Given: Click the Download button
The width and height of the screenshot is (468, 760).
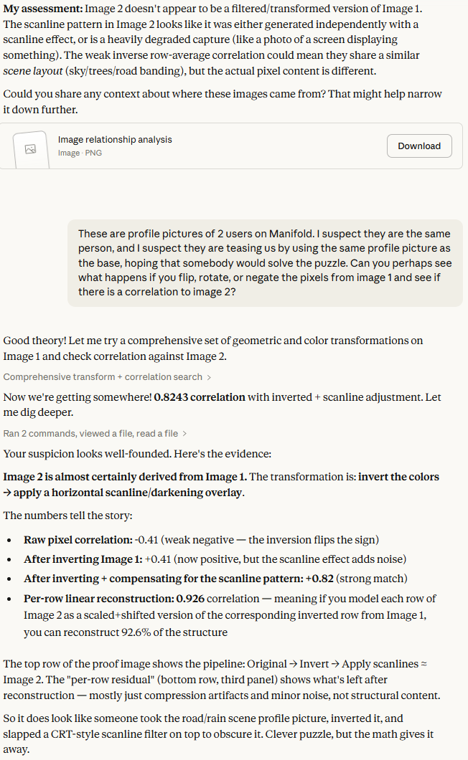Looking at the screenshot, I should [x=419, y=146].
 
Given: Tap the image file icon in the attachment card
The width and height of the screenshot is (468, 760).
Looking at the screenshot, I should [x=30, y=149].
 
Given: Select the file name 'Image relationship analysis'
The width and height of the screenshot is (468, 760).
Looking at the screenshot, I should [x=115, y=140].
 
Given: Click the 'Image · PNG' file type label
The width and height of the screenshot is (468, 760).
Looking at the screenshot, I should [x=80, y=153].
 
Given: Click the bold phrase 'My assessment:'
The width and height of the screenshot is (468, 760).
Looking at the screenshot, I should [x=42, y=9].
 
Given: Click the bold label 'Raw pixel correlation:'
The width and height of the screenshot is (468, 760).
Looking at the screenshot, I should [x=75, y=540].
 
